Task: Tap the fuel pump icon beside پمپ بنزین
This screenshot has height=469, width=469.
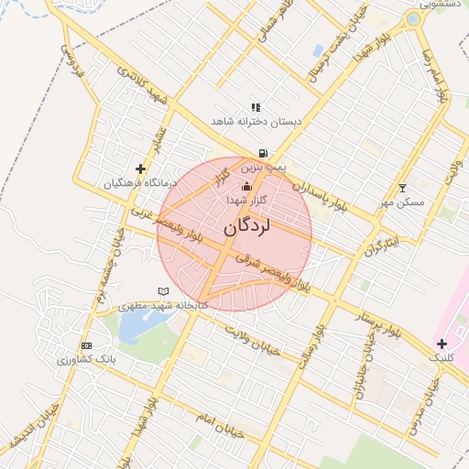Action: click(263, 154)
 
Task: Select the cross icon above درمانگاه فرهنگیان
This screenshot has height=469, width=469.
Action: click(139, 169)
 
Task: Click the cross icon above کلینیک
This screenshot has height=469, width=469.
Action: click(442, 343)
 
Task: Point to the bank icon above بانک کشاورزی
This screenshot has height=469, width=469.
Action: click(86, 345)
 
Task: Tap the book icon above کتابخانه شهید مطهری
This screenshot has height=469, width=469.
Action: click(164, 291)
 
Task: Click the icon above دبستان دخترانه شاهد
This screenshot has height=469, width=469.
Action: click(256, 107)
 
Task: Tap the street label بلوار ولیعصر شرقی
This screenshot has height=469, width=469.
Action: click(275, 272)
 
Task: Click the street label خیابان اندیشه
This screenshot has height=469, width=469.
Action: click(31, 425)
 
